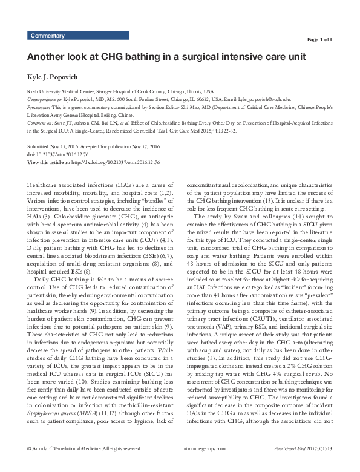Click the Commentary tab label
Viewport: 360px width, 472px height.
(47, 36)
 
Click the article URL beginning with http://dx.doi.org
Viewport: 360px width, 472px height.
(106, 163)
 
